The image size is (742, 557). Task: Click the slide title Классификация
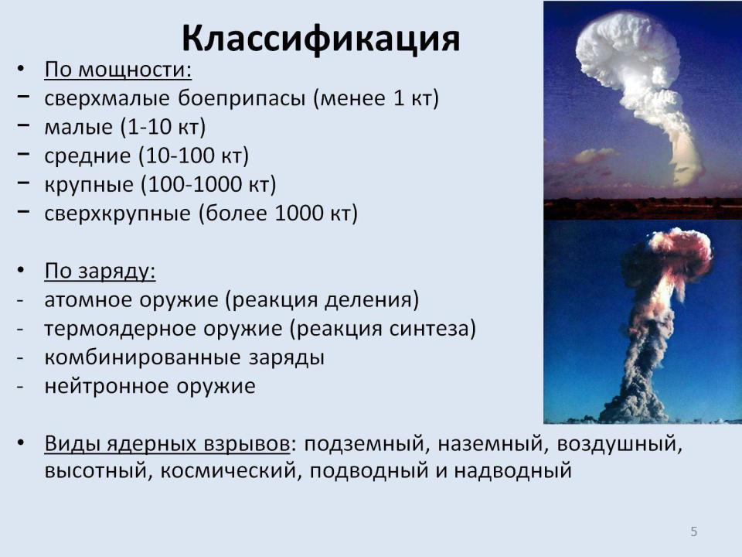[321, 39]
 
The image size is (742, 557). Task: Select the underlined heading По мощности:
[117, 70]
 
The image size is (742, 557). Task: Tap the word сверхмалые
[107, 98]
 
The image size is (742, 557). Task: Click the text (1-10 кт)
[163, 127]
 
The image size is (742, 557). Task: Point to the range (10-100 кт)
[193, 155]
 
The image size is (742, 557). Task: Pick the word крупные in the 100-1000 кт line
[88, 185]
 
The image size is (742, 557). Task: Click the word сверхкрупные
[117, 214]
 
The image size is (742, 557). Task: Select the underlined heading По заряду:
[100, 272]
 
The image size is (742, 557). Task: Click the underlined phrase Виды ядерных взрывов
[167, 444]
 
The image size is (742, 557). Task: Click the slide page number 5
[694, 531]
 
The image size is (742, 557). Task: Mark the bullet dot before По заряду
[20, 271]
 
